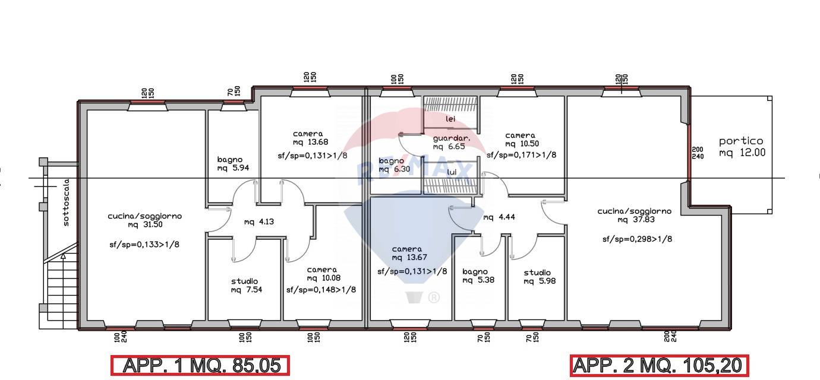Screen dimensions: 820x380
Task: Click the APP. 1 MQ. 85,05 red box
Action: click(200, 365)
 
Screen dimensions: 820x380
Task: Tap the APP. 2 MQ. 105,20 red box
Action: click(660, 365)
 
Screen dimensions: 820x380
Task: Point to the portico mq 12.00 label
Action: click(742, 147)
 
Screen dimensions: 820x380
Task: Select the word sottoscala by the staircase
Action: click(66, 202)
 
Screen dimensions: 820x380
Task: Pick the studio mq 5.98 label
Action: click(539, 277)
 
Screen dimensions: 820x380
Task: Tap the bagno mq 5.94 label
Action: click(233, 164)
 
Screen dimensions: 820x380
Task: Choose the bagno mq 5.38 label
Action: click(478, 275)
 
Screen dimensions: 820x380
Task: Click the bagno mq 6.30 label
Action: click(394, 165)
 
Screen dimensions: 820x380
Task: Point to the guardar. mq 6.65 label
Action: click(451, 142)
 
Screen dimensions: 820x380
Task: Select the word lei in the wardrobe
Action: click(450, 119)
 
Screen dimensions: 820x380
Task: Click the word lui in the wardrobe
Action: click(452, 172)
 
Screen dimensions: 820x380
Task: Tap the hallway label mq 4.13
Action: click(259, 222)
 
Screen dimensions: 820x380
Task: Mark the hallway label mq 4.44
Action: click(499, 217)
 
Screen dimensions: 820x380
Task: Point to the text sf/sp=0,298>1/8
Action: click(637, 239)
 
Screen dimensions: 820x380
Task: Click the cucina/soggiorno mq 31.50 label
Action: click(144, 220)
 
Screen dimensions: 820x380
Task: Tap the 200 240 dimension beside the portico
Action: click(698, 153)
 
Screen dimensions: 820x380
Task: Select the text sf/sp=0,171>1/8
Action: click(521, 155)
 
